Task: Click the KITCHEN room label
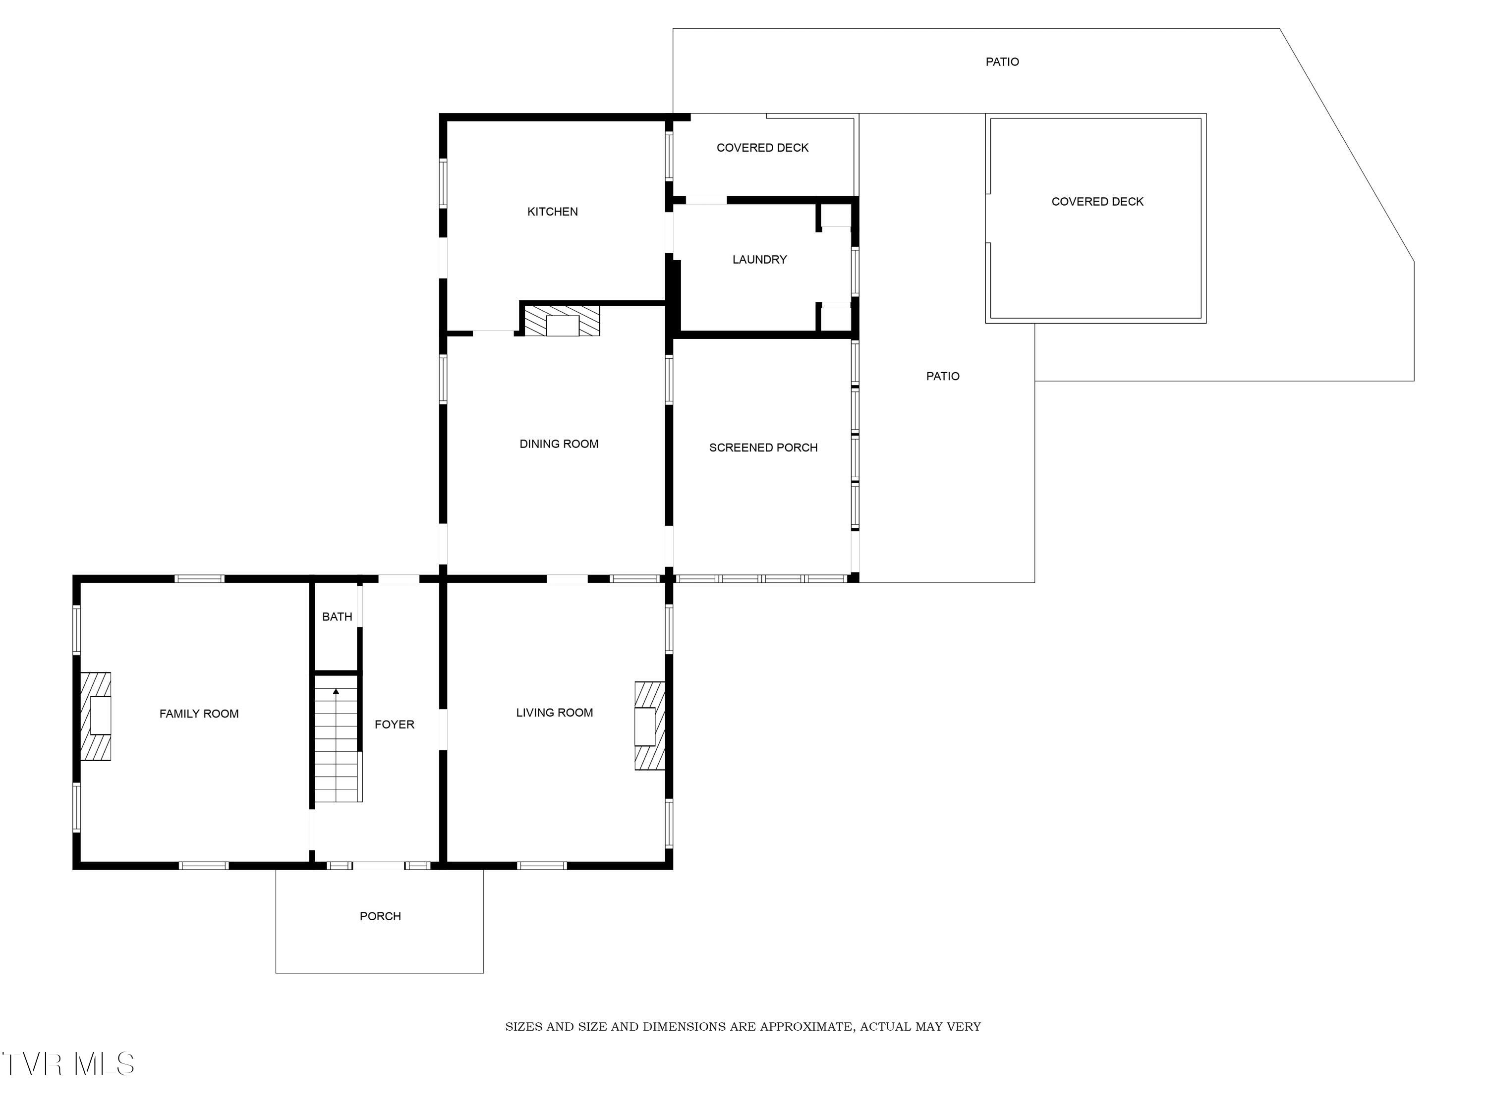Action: coord(553,212)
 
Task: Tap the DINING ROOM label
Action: coord(559,444)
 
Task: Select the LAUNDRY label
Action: coord(760,260)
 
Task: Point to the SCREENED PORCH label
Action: coord(763,447)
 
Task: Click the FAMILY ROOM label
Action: coord(199,714)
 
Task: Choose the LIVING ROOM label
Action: coord(555,713)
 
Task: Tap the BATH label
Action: coord(337,616)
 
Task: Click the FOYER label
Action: coord(395,725)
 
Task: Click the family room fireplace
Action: coord(96,717)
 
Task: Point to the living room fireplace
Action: coord(650,726)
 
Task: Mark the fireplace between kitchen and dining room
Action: coord(562,321)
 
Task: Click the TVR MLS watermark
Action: coord(68,1064)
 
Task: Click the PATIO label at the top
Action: coord(1002,62)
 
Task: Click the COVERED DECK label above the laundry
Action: coord(762,148)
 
